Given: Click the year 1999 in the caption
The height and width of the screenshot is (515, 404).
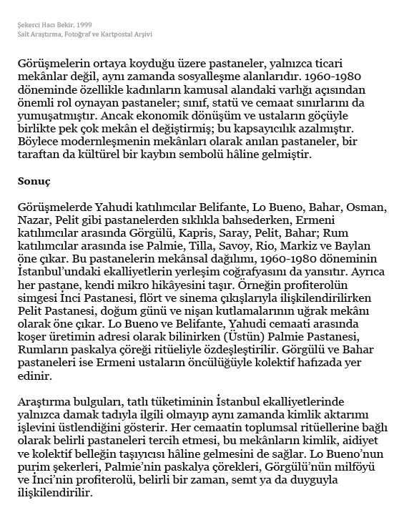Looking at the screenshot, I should pos(82,25).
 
